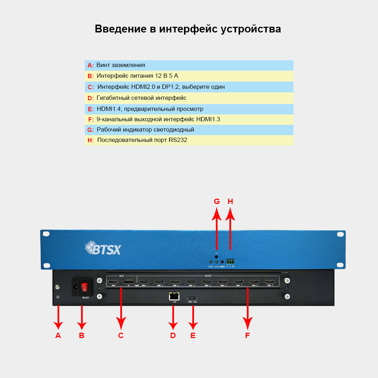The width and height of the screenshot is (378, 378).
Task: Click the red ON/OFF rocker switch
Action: [85, 287]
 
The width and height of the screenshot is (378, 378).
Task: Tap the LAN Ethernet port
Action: [174, 296]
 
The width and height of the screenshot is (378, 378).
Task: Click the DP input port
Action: [128, 282]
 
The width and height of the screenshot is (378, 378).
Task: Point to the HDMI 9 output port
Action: [270, 282]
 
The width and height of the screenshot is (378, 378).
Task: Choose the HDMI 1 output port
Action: [144, 282]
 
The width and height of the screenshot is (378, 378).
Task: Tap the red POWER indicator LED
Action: [222, 262]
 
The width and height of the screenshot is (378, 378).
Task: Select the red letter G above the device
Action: [217, 201]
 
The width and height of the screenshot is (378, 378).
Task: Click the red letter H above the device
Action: [230, 201]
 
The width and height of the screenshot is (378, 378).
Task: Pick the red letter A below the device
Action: [58, 335]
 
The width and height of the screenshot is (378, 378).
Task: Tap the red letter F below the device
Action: [247, 335]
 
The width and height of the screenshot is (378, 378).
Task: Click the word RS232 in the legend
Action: [178, 140]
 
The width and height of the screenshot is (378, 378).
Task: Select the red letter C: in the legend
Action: [91, 87]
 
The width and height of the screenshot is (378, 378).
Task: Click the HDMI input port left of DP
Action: [113, 282]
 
